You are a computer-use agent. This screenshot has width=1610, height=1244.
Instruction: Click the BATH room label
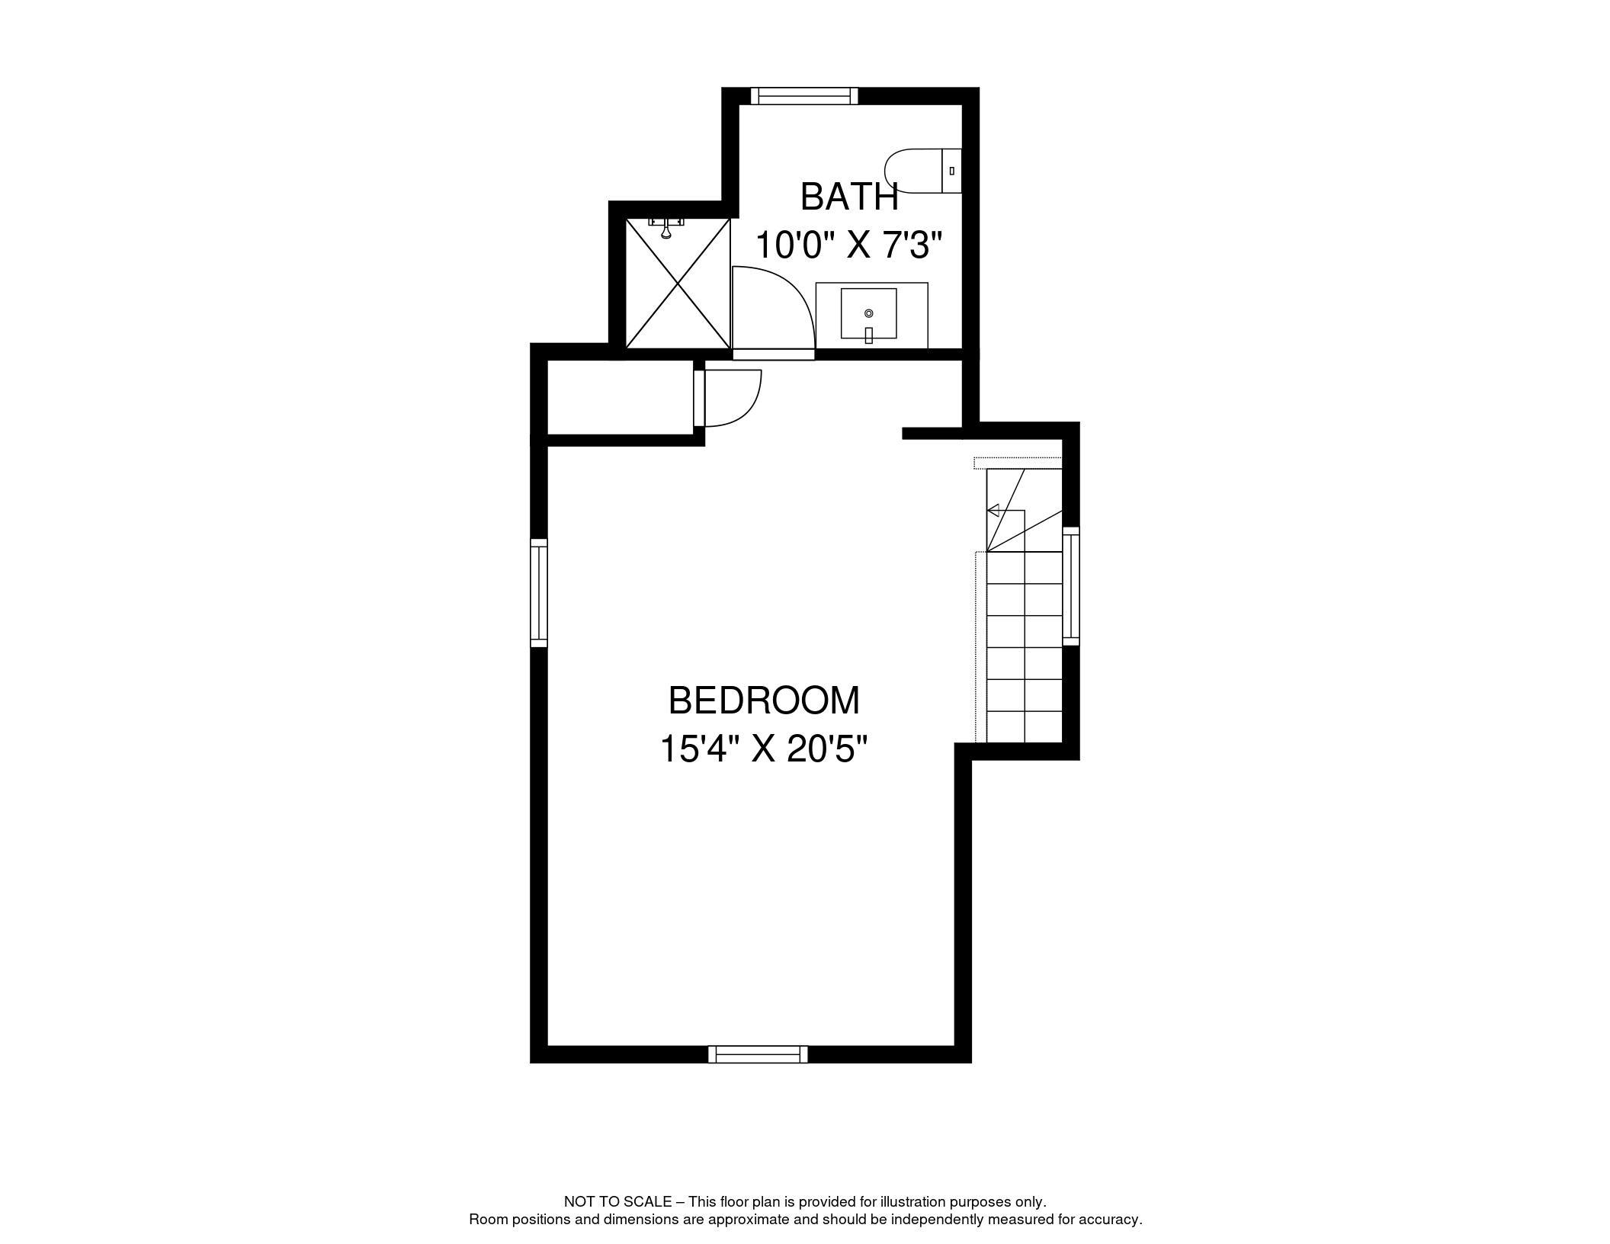pos(849,197)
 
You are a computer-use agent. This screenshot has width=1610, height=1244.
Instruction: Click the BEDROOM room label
pos(764,701)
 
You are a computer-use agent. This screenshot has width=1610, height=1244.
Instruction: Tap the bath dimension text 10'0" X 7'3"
pos(849,245)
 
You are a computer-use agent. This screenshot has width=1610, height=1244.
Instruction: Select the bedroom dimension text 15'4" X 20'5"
pos(764,749)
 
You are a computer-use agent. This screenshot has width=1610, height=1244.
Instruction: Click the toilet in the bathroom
pos(923,170)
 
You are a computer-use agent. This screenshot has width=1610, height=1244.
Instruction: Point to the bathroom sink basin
pos(868,313)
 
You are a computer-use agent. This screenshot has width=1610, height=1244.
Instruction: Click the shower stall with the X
pos(678,284)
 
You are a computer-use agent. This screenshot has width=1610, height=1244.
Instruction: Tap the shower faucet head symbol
pos(666,226)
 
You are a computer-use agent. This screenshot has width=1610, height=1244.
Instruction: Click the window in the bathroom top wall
pos(804,95)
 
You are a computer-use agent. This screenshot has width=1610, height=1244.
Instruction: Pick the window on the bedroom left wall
pos(539,593)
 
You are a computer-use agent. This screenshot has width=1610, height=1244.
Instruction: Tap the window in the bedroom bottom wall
pos(758,1054)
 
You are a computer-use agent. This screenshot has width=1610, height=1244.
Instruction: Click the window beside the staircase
pos(1071,585)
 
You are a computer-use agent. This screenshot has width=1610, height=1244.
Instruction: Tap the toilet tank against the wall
pos(952,171)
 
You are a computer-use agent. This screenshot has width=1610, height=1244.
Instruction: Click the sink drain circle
pos(868,313)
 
